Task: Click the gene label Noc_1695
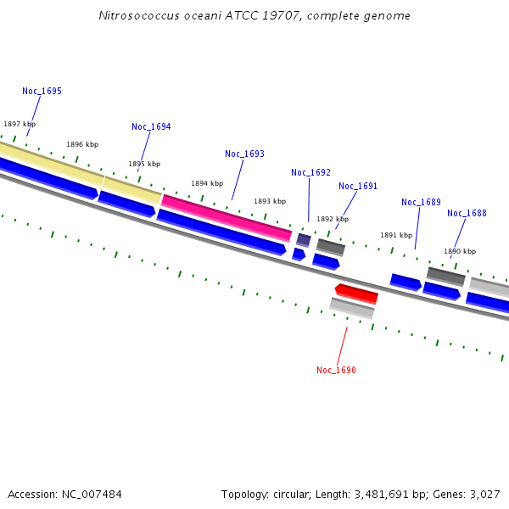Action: [x=42, y=91]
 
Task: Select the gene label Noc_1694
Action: [x=151, y=126]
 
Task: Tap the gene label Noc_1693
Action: [x=244, y=154]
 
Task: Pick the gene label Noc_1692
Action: [x=310, y=172]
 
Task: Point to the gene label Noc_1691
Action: [x=358, y=186]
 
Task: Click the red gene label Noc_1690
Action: [x=336, y=370]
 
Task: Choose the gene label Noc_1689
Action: [x=421, y=202]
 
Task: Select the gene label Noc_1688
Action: [x=467, y=213]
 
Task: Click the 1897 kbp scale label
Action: [x=20, y=124]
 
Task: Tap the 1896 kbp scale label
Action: [x=82, y=144]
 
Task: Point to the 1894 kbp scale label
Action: [x=207, y=183]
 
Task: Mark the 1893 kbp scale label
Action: [x=270, y=201]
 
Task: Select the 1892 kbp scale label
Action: [x=333, y=219]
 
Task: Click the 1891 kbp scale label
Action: [x=396, y=235]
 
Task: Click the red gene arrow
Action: [x=356, y=294]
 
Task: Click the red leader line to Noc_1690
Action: [x=343, y=345]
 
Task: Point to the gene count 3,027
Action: [x=484, y=494]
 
